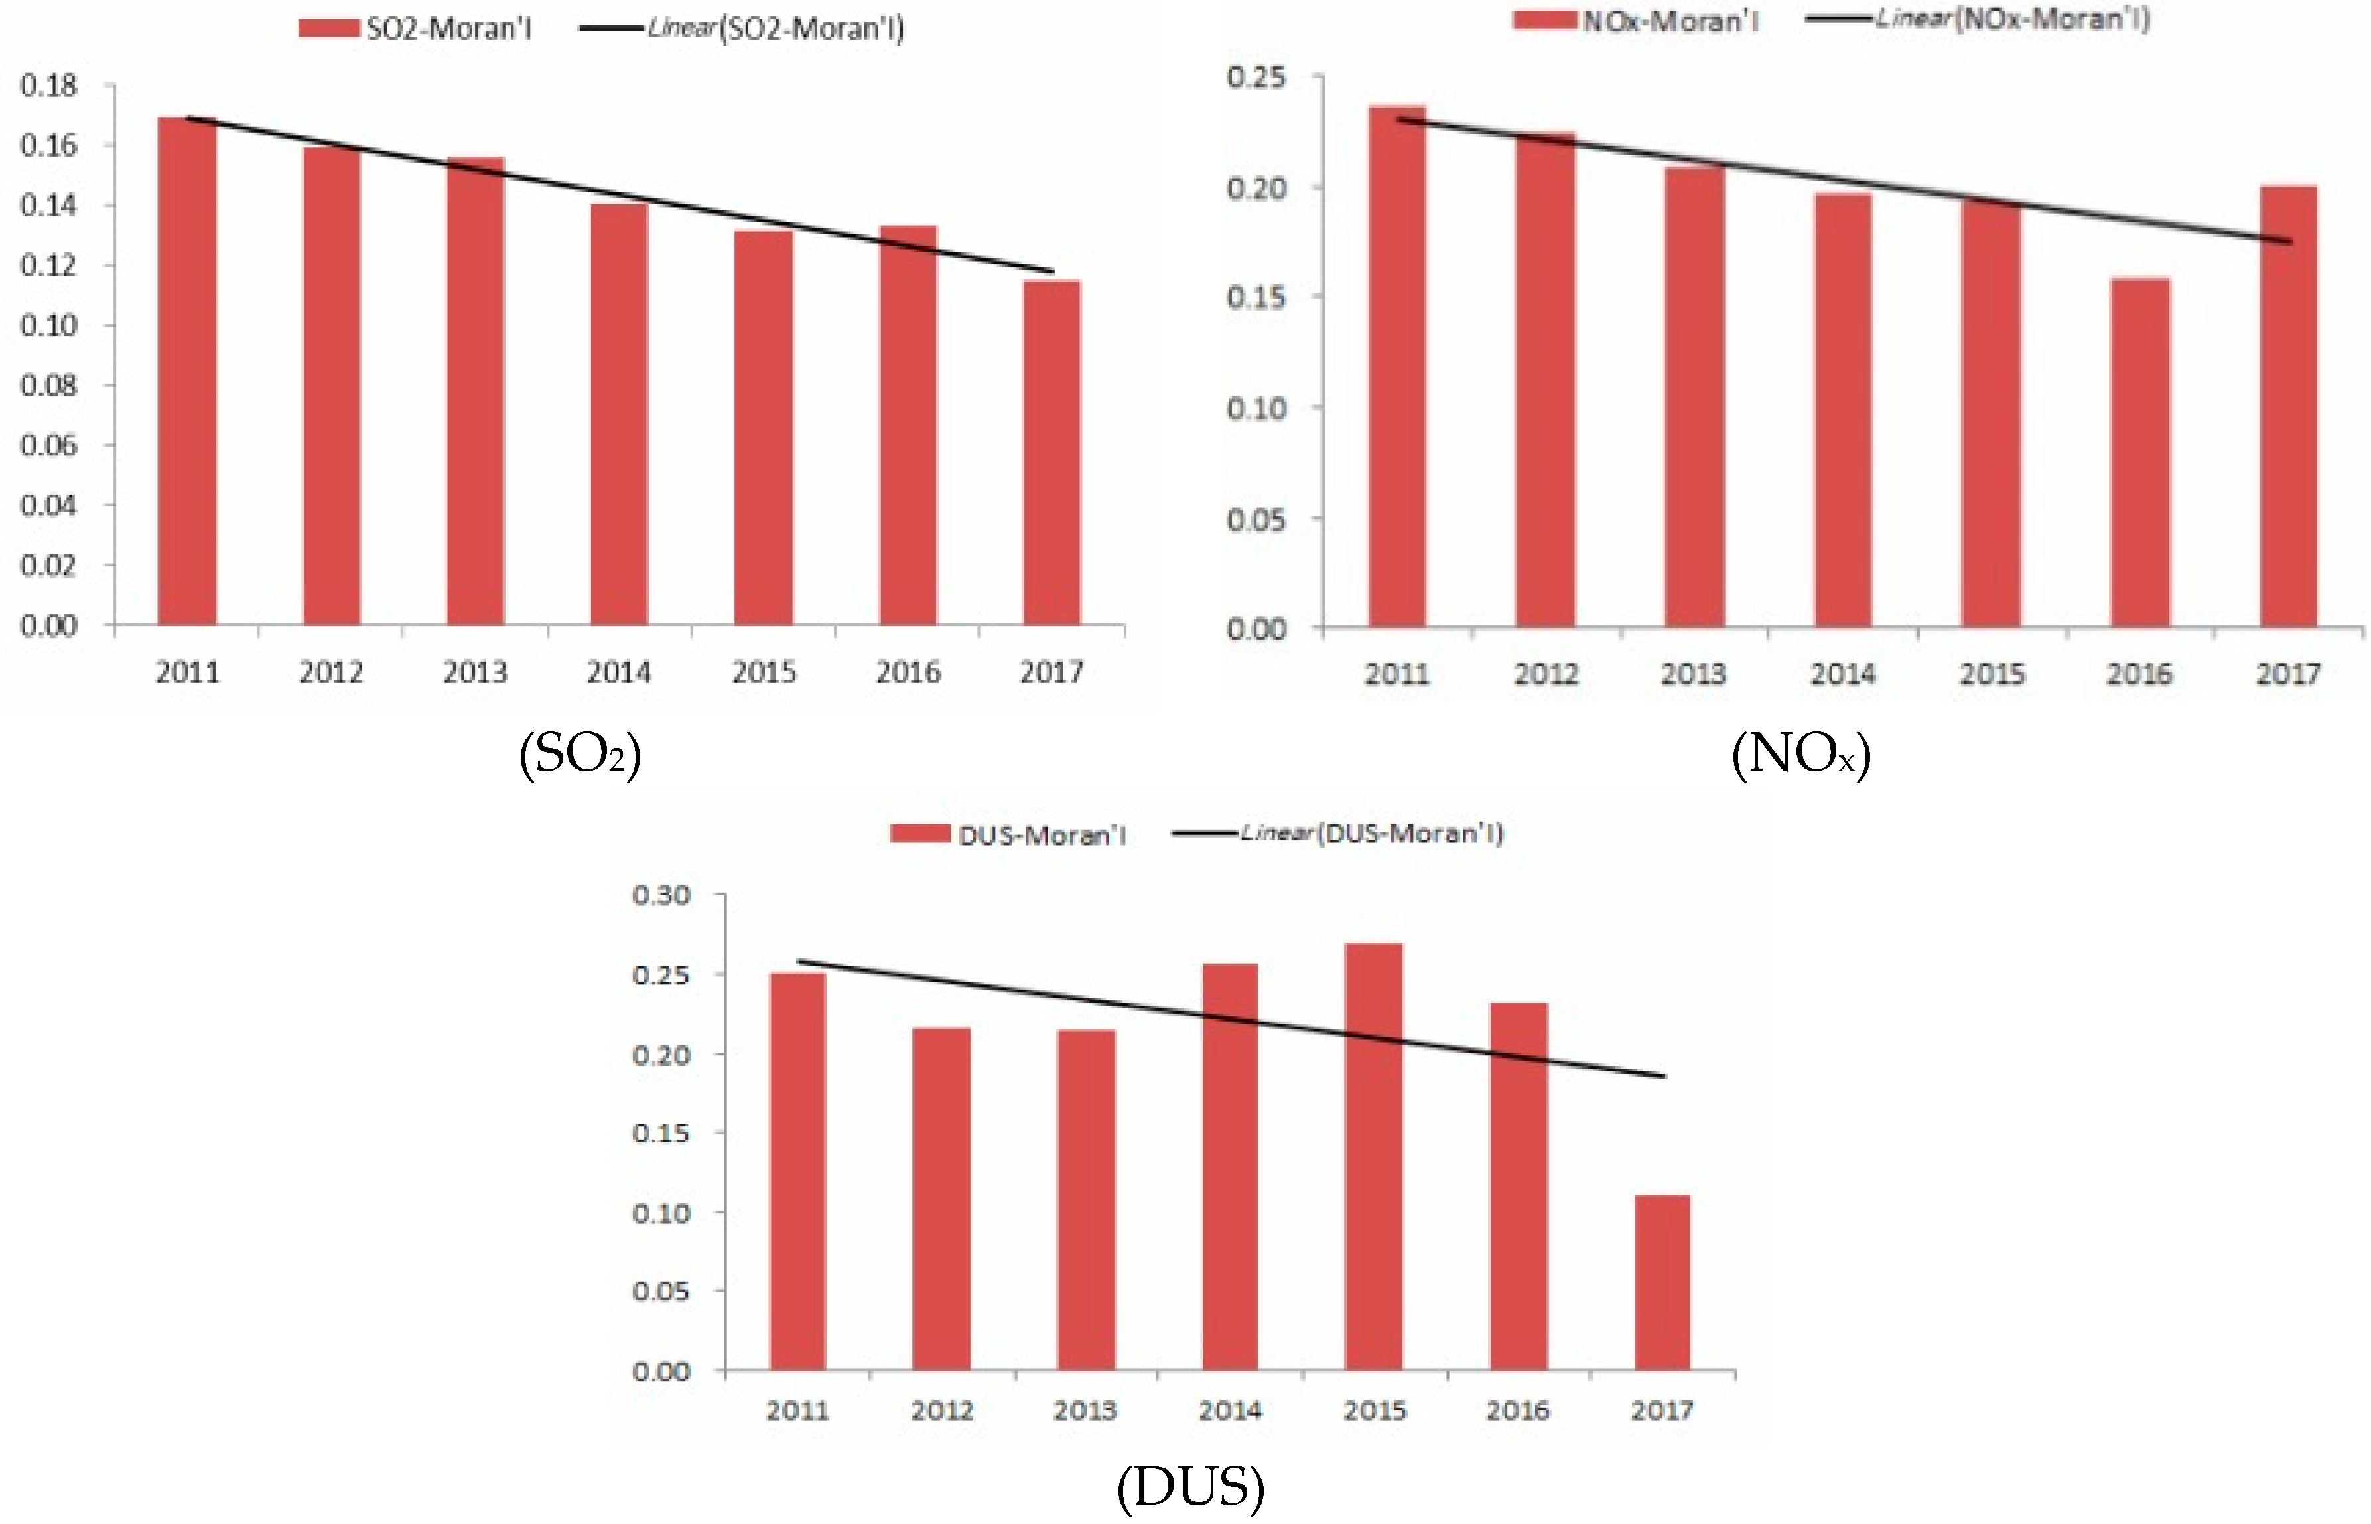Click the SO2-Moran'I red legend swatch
(328, 28)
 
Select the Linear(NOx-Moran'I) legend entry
(1978, 20)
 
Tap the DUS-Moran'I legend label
(1042, 835)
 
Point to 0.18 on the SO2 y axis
(48, 86)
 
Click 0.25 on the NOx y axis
(1256, 77)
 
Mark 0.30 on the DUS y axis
(661, 895)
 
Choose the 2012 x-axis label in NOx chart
(1546, 675)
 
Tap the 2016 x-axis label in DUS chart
(1517, 1410)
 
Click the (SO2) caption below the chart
(580, 755)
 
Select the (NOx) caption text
(1801, 755)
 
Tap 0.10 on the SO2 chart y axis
(48, 326)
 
